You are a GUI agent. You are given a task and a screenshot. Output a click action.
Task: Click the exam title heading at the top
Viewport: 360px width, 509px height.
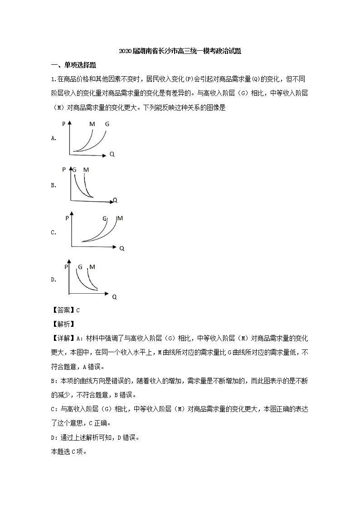pos(180,51)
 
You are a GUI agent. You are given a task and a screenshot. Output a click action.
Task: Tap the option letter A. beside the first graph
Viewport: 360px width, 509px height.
pos(54,138)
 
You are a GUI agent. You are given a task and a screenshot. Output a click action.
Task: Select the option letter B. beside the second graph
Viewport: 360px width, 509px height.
pos(54,185)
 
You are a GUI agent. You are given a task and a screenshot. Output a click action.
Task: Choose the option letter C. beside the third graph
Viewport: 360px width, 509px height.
pos(54,233)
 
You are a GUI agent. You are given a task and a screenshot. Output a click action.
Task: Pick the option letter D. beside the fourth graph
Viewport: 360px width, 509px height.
pos(54,280)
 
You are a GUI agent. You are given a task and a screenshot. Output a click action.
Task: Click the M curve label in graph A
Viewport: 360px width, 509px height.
pos(92,124)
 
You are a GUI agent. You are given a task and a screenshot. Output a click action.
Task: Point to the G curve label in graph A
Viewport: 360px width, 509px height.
pos(107,124)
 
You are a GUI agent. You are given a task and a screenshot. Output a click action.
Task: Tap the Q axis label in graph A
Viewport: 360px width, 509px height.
pos(112,154)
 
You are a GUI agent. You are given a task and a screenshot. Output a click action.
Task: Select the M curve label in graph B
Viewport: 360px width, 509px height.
pos(86,170)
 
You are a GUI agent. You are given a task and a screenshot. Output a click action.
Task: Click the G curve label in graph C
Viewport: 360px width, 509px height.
pos(105,219)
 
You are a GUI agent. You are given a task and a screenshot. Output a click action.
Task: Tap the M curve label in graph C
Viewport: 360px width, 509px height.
pos(120,218)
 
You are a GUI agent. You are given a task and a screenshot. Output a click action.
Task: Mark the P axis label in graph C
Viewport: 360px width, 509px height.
pos(67,218)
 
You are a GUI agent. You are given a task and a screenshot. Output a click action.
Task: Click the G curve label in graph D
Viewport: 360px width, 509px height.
pos(80,267)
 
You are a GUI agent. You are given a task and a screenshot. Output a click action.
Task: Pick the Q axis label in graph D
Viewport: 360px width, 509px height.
pos(114,297)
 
